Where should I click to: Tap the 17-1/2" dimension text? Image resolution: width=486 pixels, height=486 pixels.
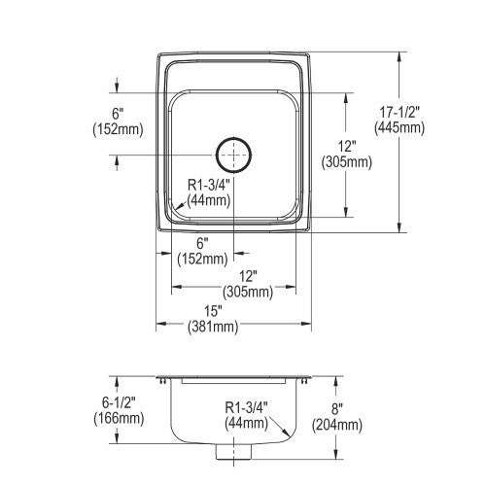399,112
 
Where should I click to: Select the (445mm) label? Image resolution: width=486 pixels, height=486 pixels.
399,127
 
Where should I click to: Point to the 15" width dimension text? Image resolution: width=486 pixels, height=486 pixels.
213,311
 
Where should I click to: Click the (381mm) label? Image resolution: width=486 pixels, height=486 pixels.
213,327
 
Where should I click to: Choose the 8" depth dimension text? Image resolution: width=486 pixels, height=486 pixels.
336,409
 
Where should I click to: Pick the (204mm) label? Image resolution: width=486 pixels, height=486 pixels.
337,425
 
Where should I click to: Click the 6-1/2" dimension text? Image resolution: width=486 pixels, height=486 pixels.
119,402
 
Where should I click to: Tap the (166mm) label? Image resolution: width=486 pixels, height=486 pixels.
119,418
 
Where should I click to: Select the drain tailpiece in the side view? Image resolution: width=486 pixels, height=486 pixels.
233,452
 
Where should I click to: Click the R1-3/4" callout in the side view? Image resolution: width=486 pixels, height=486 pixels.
247,407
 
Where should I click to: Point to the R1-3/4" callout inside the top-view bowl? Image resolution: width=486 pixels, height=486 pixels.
209,186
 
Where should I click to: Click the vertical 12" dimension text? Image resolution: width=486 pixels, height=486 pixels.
346,147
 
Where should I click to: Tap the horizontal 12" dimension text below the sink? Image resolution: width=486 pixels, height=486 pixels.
248,277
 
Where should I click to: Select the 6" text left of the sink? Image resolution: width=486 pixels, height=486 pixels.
118,114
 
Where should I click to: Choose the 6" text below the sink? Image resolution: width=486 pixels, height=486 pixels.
202,243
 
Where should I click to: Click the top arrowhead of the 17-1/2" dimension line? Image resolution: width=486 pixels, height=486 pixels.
399,57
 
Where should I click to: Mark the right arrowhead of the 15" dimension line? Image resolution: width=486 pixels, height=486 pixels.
306,324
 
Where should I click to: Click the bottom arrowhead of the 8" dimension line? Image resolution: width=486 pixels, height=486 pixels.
337,454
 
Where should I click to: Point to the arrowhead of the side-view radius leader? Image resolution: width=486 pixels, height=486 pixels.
286,433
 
